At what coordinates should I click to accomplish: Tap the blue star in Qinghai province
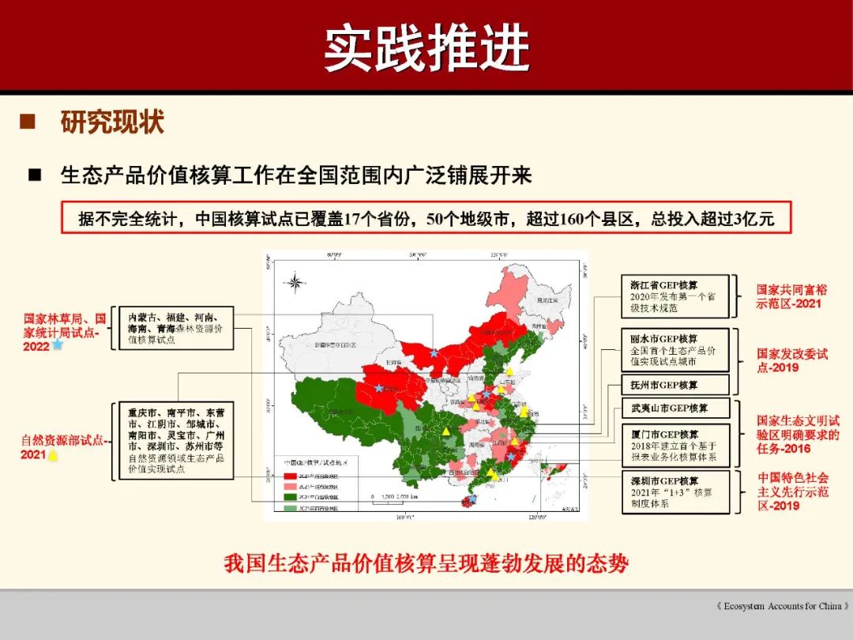click(x=379, y=388)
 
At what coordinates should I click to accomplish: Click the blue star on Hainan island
click(x=472, y=500)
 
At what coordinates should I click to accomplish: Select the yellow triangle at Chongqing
click(x=446, y=432)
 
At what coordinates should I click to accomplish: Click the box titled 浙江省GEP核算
click(x=673, y=296)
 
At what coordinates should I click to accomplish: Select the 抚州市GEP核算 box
click(x=673, y=385)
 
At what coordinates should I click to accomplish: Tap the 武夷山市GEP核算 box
click(x=673, y=408)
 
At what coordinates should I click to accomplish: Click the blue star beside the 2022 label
click(x=58, y=345)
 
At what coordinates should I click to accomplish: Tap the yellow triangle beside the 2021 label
click(x=53, y=455)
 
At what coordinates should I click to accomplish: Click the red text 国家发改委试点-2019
click(x=791, y=360)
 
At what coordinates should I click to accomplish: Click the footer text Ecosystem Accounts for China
click(x=782, y=606)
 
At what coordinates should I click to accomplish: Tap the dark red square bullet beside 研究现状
click(x=28, y=122)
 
